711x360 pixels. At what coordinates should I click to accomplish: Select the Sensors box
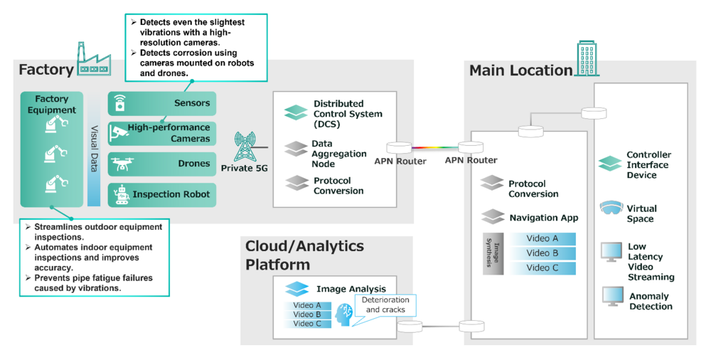point(162,103)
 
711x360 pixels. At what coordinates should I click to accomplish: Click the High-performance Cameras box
point(162,133)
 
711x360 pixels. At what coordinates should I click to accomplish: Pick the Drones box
point(162,164)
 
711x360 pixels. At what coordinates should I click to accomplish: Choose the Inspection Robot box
point(162,194)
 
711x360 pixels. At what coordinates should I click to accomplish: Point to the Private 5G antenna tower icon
point(246,147)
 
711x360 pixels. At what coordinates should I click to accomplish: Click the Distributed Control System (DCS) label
point(348,114)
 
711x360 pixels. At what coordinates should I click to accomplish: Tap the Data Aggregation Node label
point(339,154)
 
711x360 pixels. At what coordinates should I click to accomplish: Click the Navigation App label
point(544,218)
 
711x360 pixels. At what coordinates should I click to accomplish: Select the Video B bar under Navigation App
point(542,253)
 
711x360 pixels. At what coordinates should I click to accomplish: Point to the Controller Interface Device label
point(647,165)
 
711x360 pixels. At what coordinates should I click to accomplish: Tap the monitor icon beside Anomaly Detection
point(611,297)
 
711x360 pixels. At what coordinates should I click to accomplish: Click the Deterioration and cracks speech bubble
point(385,305)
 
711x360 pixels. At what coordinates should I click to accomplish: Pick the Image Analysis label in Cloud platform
point(351,289)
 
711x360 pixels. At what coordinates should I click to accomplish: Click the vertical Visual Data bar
point(95,149)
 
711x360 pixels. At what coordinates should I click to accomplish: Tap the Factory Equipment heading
point(52,105)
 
